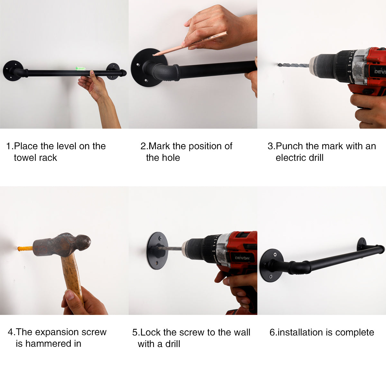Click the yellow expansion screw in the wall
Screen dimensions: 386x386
(25, 249)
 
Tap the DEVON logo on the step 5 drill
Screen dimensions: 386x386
(242, 258)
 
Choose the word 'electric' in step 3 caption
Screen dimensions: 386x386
(290, 158)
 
